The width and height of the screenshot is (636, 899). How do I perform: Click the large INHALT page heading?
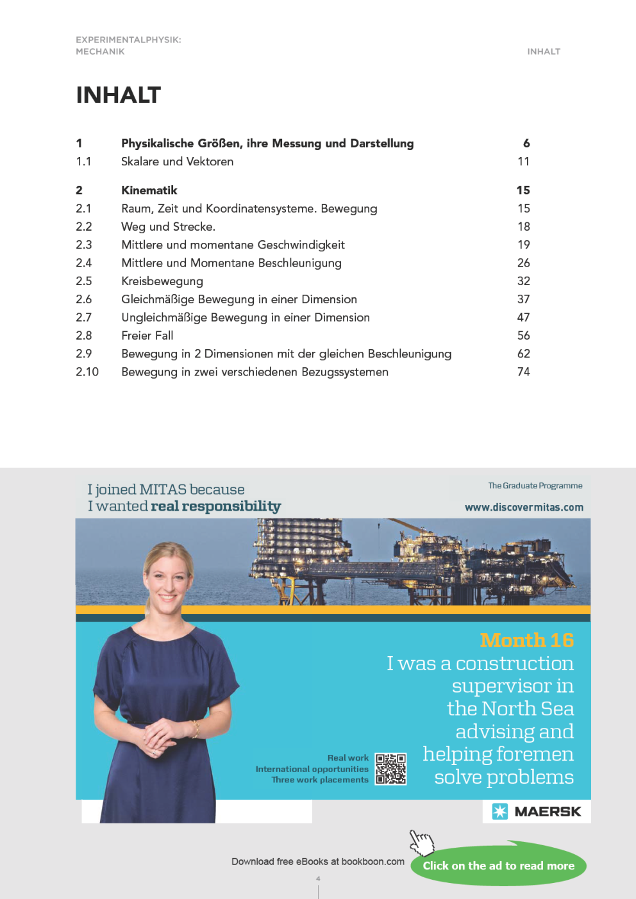[x=118, y=95]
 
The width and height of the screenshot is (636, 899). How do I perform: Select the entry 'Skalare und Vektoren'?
[x=177, y=161]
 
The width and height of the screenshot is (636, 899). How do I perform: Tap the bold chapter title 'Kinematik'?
[x=149, y=190]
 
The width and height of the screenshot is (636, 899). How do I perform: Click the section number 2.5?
[x=83, y=281]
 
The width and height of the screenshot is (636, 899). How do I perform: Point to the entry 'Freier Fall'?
[x=147, y=336]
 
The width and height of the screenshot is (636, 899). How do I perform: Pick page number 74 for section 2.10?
[x=523, y=372]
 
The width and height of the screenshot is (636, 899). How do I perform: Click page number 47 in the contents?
[x=523, y=317]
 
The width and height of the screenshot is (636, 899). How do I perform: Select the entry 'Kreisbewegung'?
[x=162, y=281]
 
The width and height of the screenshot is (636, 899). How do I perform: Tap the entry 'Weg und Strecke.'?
[x=168, y=227]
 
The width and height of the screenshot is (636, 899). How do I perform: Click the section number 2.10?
[x=87, y=372]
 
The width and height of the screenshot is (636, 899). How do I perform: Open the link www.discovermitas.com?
[x=524, y=507]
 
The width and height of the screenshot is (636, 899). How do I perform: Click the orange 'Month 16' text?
[x=526, y=640]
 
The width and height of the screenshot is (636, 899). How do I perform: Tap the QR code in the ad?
[x=390, y=769]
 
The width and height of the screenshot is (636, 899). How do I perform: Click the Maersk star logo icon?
[x=499, y=811]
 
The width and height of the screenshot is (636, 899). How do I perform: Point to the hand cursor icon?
[x=421, y=842]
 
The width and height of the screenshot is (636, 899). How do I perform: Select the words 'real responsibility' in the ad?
[x=215, y=506]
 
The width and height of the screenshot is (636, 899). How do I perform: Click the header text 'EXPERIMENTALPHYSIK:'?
[x=128, y=40]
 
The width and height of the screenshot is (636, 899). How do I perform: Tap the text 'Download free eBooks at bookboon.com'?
[x=317, y=861]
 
